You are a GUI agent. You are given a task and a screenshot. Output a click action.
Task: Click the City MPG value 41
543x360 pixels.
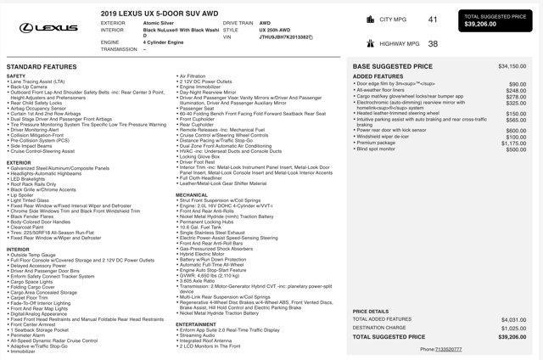click(x=433, y=19)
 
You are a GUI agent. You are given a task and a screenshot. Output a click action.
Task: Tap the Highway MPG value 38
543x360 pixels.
click(x=433, y=43)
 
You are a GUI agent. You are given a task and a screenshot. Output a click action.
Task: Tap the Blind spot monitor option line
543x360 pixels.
click(x=377, y=149)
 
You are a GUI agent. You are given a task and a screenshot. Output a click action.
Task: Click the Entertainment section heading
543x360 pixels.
click(x=196, y=323)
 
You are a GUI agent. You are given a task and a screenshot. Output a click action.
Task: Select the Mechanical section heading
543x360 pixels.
click(x=192, y=194)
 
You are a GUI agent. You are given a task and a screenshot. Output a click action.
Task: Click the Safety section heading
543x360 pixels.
click(x=16, y=76)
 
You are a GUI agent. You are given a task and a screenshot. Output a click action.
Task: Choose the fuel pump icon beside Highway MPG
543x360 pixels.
click(x=372, y=43)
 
